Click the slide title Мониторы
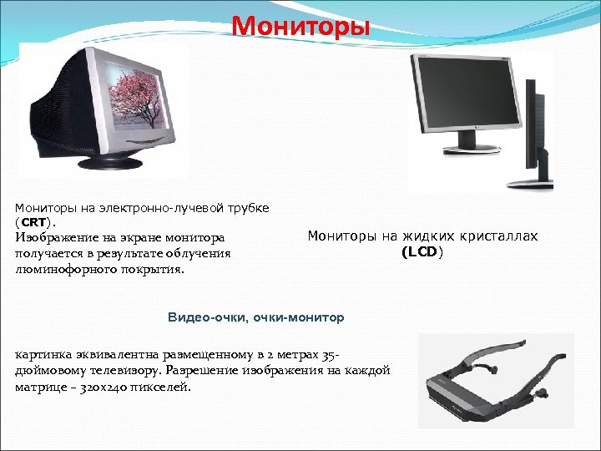point(300,25)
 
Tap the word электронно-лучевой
point(157,206)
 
